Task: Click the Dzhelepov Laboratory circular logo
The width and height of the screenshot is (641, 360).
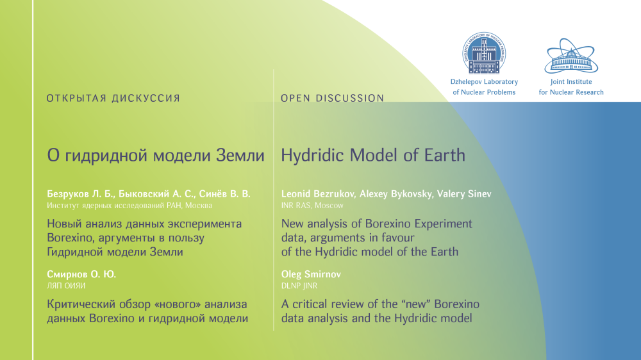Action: click(x=484, y=53)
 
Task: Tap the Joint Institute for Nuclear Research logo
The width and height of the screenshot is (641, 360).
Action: click(x=571, y=56)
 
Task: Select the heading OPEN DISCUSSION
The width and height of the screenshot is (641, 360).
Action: click(x=332, y=99)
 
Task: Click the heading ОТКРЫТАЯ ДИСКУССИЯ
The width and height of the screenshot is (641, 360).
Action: click(x=113, y=99)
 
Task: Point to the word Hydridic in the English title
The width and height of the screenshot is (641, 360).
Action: click(x=313, y=155)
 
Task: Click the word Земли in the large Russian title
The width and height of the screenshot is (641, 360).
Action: click(x=240, y=156)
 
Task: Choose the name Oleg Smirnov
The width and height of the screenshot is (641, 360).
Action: click(x=311, y=274)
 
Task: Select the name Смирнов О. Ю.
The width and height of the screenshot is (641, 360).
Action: click(x=81, y=274)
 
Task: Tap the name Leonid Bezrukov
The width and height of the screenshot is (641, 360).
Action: click(x=318, y=194)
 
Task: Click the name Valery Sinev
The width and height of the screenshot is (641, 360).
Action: click(x=464, y=194)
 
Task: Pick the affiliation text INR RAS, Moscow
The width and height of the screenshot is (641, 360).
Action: click(x=312, y=206)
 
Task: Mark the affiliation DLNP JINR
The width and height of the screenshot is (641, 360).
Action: click(x=299, y=286)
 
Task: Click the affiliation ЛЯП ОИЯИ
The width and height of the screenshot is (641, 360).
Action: click(x=66, y=286)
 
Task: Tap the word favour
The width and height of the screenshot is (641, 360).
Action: click(x=398, y=238)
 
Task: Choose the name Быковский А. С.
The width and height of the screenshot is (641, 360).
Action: click(x=156, y=194)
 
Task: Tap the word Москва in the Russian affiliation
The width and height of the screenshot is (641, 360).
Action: click(x=199, y=206)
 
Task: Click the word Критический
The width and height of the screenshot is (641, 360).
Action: click(x=81, y=305)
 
